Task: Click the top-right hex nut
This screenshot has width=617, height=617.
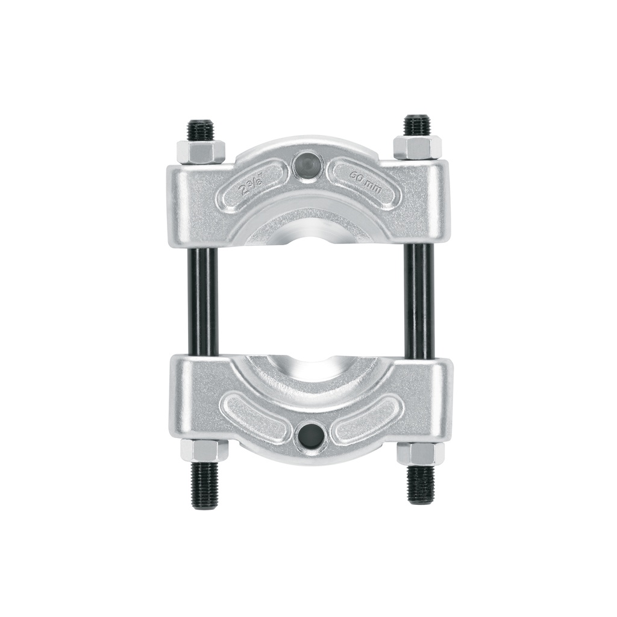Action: click(x=417, y=147)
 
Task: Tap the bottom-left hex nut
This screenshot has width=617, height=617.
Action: click(x=204, y=449)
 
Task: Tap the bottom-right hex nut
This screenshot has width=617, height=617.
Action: click(x=420, y=453)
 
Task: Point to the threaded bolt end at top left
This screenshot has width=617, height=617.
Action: click(x=200, y=129)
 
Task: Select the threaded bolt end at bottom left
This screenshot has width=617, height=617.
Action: click(x=205, y=485)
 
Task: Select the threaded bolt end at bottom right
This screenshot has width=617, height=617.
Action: click(x=421, y=484)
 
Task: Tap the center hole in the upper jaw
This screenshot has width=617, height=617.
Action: click(x=307, y=164)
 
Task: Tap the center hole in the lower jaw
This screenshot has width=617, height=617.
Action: click(x=311, y=433)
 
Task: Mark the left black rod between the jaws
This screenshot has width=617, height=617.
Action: click(x=204, y=301)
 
